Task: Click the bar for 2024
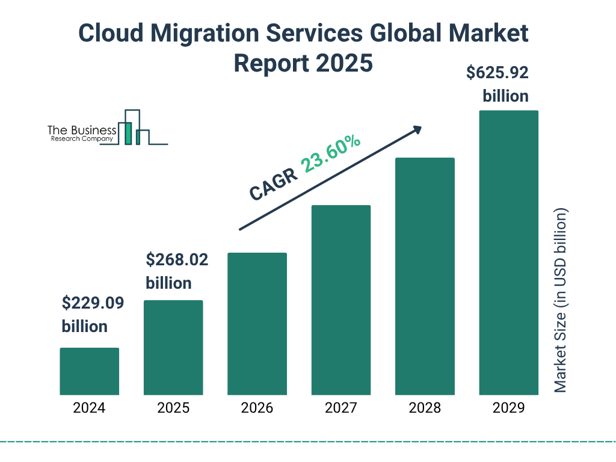coord(89,371)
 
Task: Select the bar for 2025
coord(173,347)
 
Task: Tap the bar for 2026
coord(257,324)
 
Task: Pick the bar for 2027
coord(340,300)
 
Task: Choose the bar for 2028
coord(425,276)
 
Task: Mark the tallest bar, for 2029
coord(508,253)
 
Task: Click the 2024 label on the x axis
coord(89,408)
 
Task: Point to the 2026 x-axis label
coord(257,408)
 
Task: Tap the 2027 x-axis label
coord(340,408)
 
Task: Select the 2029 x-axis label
coord(508,408)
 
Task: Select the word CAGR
coord(273,183)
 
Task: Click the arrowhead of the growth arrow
coord(417,129)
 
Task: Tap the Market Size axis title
coord(561,301)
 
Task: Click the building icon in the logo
coord(134,128)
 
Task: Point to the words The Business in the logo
coord(82,131)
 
